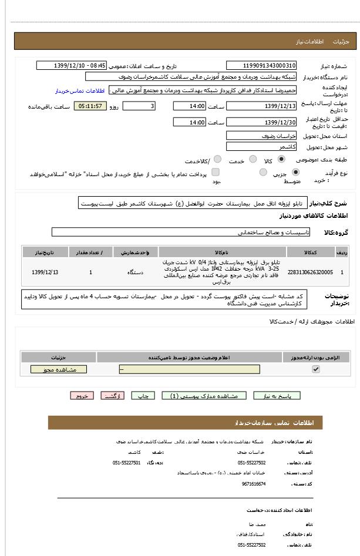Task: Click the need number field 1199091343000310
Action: point(261,66)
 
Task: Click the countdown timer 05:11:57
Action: point(90,106)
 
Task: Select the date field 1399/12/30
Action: point(261,122)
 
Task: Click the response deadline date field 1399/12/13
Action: point(261,106)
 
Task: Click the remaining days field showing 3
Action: point(139,106)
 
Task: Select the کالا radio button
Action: point(281,159)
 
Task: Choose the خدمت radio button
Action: point(253,159)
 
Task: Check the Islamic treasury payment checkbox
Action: point(216,173)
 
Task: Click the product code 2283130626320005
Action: point(310,272)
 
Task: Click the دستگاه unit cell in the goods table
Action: point(136,272)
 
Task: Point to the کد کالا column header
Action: point(310,252)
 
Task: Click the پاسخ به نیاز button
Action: point(277,396)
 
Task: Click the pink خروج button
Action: point(82,396)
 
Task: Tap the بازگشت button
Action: point(113,396)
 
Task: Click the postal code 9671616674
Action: point(253,484)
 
